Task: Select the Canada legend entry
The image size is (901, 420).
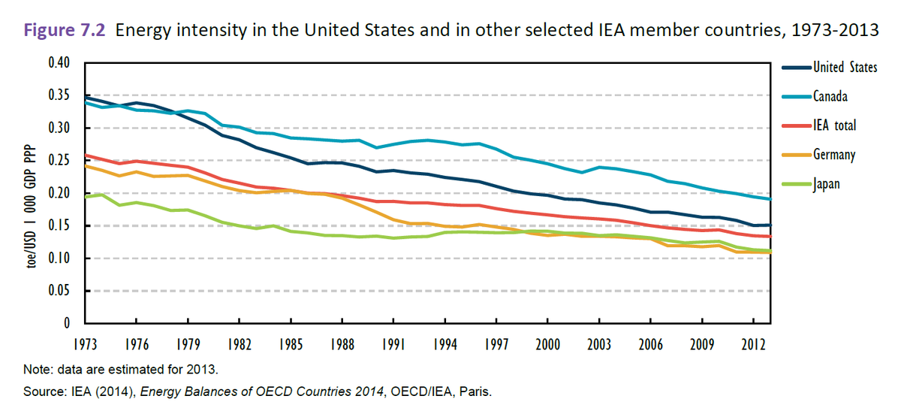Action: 830,96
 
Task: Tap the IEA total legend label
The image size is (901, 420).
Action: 834,125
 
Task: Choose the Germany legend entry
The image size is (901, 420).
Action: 833,155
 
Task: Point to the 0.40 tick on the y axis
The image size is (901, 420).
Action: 59,62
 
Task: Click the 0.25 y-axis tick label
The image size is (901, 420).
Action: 59,160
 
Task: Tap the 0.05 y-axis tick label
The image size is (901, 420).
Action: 59,291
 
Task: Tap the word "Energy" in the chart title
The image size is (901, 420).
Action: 140,32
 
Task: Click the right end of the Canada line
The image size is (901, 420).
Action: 770,199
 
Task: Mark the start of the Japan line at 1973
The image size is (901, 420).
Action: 86,196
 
